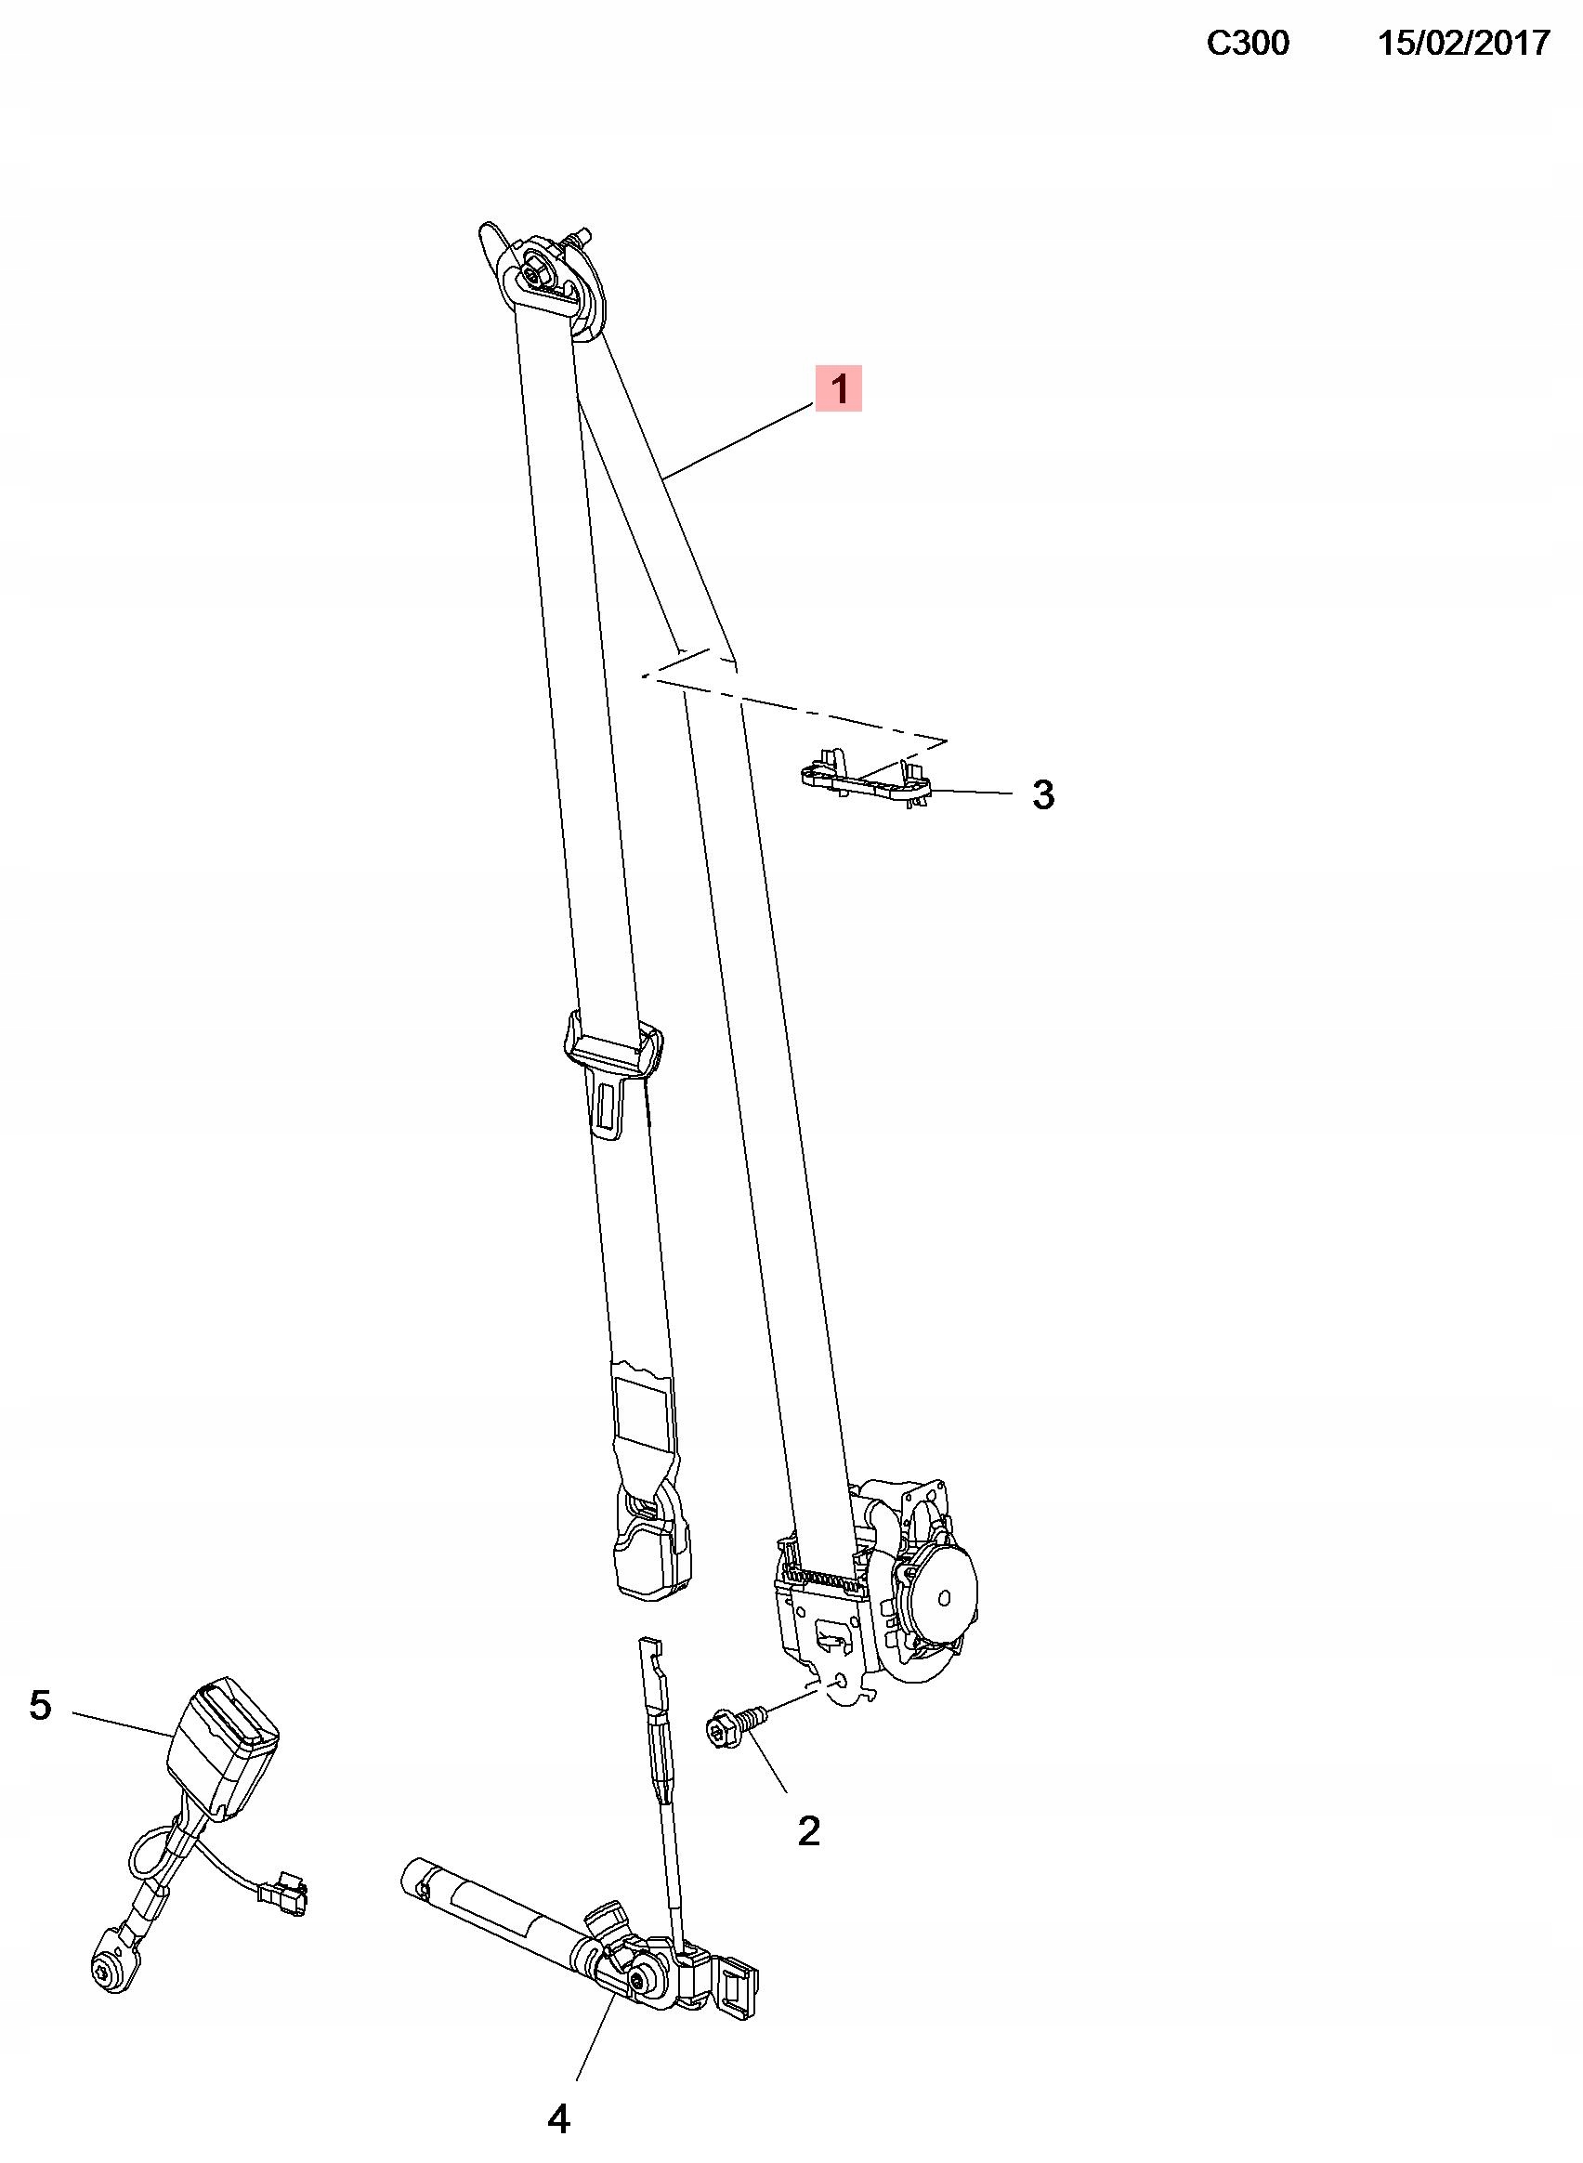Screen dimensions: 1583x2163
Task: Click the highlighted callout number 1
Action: click(x=839, y=388)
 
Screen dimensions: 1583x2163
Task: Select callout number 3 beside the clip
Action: click(x=1042, y=794)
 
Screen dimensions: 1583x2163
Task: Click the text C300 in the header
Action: click(x=1247, y=43)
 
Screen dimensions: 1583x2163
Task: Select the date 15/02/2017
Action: click(x=1463, y=43)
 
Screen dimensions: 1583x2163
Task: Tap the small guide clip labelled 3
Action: click(x=865, y=780)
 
